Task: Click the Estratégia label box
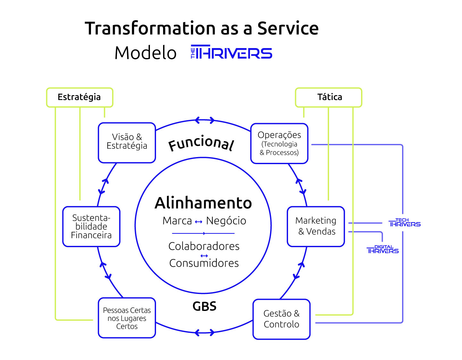[x=79, y=97]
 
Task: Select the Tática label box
[x=328, y=97]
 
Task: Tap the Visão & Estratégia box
[x=127, y=143]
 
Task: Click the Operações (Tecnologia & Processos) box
[x=279, y=144]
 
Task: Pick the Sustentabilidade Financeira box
[x=91, y=227]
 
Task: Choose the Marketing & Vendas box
[x=316, y=226]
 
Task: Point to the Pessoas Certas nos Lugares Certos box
[x=127, y=318]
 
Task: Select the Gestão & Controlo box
[x=281, y=319]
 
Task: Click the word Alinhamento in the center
[x=203, y=203]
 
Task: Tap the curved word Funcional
[x=201, y=143]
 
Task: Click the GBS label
[x=204, y=306]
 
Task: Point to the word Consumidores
[x=204, y=263]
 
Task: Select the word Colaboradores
[x=204, y=246]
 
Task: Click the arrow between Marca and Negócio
[x=199, y=222]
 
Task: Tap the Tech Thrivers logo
[x=404, y=223]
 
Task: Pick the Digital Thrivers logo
[x=383, y=249]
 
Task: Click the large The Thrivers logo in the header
[x=231, y=53]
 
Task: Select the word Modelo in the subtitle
[x=145, y=53]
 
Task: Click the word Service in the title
[x=288, y=28]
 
